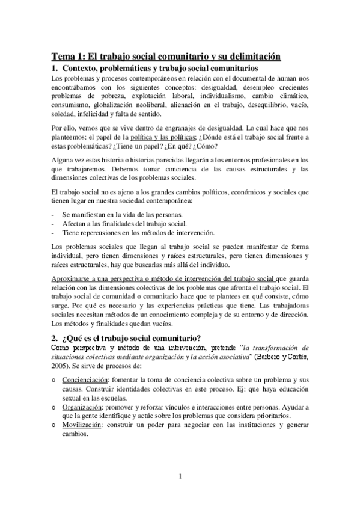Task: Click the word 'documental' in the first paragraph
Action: (x=240, y=78)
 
